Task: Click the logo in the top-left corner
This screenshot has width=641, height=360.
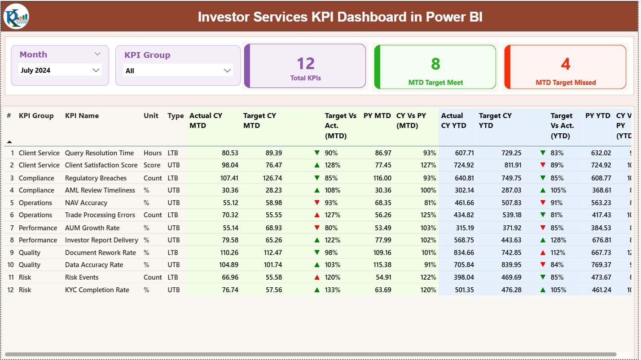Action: pyautogui.click(x=16, y=16)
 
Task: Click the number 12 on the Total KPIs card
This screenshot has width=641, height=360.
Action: pyautogui.click(x=305, y=64)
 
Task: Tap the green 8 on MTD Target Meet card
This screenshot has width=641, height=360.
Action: pyautogui.click(x=435, y=64)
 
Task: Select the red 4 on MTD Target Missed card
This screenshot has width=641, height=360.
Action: pyautogui.click(x=565, y=64)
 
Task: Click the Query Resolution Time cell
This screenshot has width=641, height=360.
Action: pyautogui.click(x=99, y=153)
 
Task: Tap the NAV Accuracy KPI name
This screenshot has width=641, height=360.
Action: pyautogui.click(x=86, y=203)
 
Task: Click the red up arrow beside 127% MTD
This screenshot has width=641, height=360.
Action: pyautogui.click(x=317, y=215)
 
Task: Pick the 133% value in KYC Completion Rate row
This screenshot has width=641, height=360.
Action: pyautogui.click(x=333, y=290)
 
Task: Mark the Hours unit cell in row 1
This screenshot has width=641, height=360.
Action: pyautogui.click(x=153, y=153)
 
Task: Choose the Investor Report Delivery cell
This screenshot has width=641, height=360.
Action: pyautogui.click(x=101, y=240)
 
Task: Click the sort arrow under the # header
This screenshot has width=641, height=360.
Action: pyautogui.click(x=9, y=142)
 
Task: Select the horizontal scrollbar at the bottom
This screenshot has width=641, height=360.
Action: pyautogui.click(x=310, y=354)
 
